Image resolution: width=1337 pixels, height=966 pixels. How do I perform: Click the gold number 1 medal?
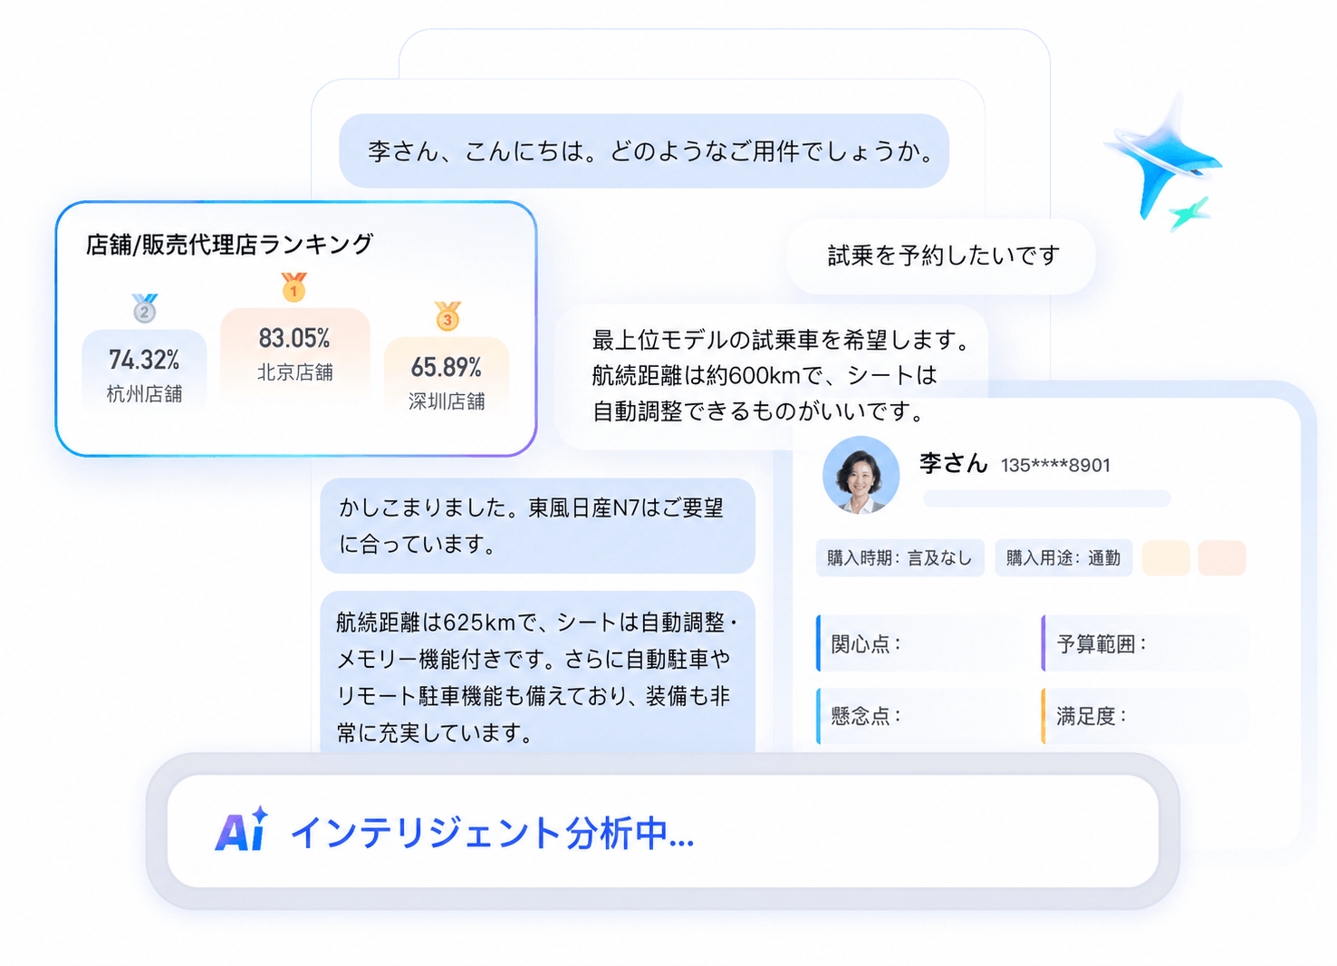(293, 286)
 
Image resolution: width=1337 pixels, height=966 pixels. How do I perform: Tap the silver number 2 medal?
(144, 308)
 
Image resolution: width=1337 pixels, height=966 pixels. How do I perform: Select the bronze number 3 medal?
(447, 316)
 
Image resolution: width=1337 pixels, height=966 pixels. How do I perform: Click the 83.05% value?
(294, 339)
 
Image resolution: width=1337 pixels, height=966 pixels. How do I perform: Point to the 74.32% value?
(144, 360)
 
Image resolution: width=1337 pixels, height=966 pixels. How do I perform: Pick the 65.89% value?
(447, 367)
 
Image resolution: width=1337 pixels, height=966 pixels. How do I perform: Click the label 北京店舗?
(295, 372)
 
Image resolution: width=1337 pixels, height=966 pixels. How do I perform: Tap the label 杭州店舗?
(144, 394)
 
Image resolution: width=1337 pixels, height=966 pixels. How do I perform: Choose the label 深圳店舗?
(447, 401)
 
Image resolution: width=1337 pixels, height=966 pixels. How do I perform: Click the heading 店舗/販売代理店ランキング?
(230, 244)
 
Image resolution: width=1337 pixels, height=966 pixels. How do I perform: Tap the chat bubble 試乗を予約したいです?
(940, 256)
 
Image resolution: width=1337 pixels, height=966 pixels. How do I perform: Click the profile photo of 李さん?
(861, 474)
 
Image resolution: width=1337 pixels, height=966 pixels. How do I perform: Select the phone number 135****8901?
(1055, 466)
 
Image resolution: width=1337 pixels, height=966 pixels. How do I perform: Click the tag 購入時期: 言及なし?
(900, 558)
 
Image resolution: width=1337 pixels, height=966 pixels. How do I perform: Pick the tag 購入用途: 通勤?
(1063, 558)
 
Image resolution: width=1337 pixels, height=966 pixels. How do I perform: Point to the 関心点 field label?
(865, 644)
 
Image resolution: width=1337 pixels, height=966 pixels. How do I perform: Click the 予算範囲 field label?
(1101, 644)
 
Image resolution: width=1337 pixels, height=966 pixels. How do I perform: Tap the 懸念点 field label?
(865, 716)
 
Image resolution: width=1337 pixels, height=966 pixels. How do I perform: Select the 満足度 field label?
(1092, 716)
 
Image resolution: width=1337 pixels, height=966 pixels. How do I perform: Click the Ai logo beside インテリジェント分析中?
(241, 829)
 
